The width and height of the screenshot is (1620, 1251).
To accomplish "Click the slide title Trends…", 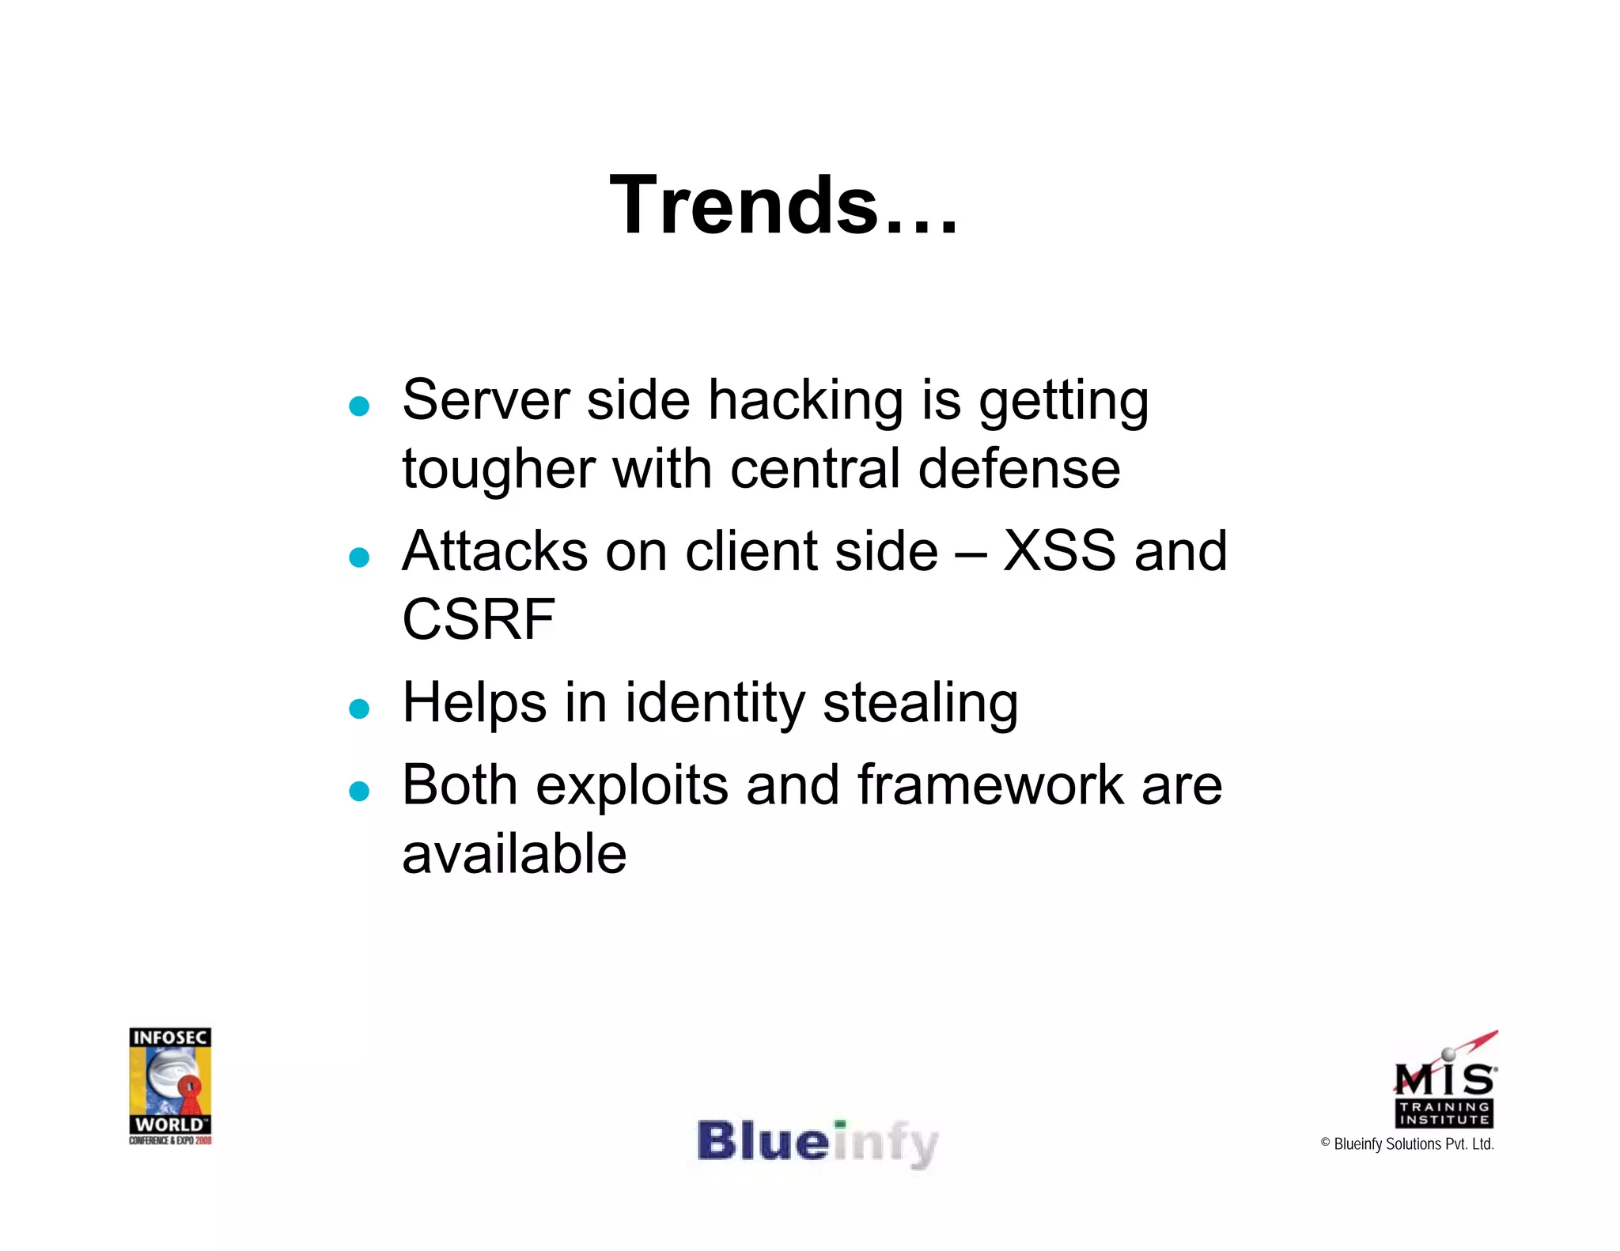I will (783, 206).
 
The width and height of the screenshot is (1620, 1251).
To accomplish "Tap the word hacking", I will (804, 400).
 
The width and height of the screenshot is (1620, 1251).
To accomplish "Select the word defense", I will (1019, 468).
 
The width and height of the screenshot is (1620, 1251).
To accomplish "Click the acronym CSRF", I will (478, 619).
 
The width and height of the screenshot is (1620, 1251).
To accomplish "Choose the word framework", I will (990, 785).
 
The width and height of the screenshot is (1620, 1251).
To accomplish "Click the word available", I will (514, 854).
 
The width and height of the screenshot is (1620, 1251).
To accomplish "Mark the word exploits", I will (632, 787).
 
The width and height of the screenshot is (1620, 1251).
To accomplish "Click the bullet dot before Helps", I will (359, 709).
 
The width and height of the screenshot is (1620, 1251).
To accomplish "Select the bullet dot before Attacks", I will (359, 557).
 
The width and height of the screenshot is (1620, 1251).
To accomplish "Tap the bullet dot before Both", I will (359, 791).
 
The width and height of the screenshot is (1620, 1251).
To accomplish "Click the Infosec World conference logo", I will (170, 1085).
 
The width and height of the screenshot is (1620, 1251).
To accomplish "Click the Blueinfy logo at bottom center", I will (817, 1143).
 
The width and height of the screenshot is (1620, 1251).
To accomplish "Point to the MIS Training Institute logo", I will (1444, 1083).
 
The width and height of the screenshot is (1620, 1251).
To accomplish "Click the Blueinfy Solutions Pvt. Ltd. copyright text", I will (1407, 1144).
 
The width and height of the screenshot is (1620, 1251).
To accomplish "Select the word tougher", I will (498, 470).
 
